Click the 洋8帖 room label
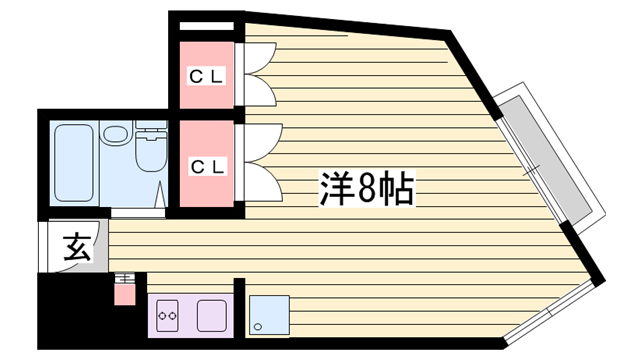[367, 189]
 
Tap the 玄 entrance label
[77, 247]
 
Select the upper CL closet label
[207, 76]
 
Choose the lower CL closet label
[207, 167]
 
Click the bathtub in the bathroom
[73, 163]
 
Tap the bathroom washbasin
[115, 134]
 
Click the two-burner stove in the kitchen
[167, 316]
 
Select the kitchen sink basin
[211, 316]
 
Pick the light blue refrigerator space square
[269, 315]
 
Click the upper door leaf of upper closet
[260, 58]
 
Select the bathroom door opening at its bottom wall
[138, 212]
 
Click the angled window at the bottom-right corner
[549, 311]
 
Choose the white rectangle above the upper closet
[207, 26]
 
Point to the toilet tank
[151, 125]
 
